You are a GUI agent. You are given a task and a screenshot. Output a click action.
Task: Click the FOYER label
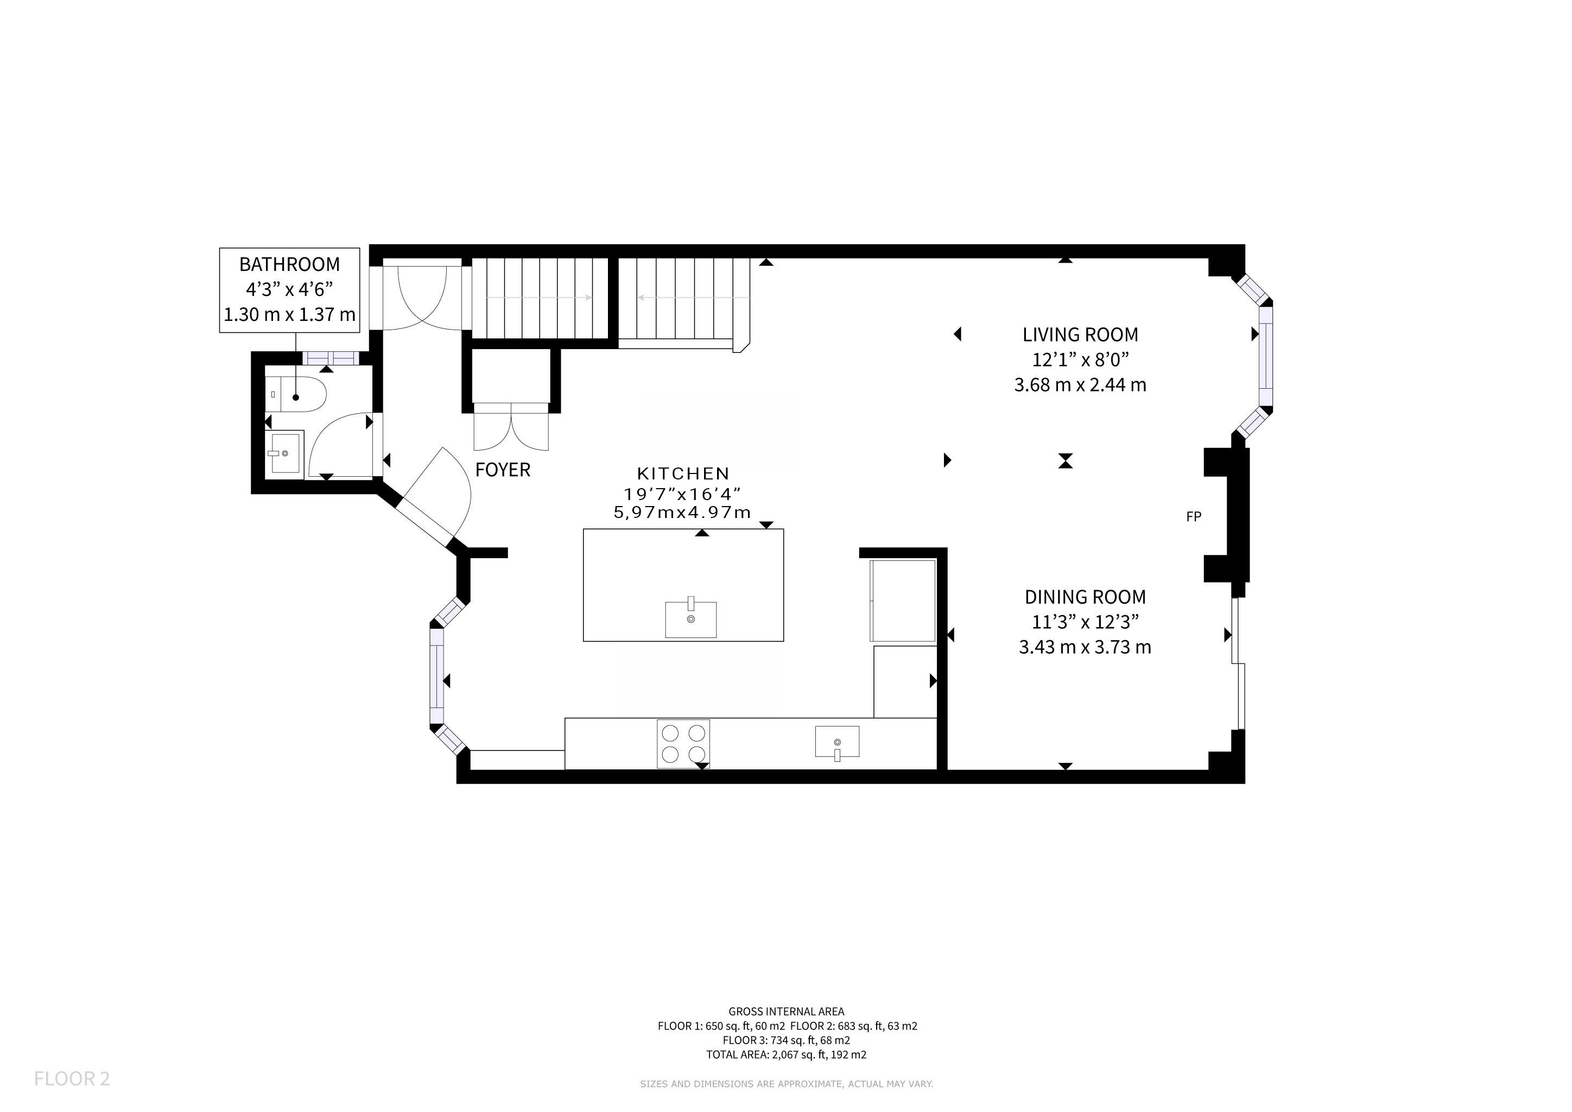[x=503, y=470]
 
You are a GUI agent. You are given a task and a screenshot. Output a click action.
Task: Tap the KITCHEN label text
[x=683, y=473]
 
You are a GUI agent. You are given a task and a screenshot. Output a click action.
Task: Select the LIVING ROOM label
[x=1080, y=335]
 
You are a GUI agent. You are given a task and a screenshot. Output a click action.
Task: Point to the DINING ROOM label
[x=1085, y=597]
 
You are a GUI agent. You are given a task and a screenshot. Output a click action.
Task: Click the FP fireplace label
[x=1193, y=517]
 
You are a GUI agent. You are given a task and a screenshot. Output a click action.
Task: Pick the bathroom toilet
[x=295, y=394]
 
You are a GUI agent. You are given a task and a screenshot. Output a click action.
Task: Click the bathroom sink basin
[x=284, y=452]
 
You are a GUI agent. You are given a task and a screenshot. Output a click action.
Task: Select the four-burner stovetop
[x=683, y=744]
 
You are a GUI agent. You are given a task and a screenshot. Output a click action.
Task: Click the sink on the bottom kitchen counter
[x=836, y=743]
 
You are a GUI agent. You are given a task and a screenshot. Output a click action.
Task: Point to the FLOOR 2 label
[x=72, y=1079]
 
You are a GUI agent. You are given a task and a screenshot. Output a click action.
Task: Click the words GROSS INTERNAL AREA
[x=786, y=1012]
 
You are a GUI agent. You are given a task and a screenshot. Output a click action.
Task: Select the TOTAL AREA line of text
[x=786, y=1054]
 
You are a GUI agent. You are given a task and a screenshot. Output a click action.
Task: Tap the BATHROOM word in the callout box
[x=290, y=264]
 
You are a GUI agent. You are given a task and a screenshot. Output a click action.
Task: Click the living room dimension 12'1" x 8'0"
[x=1080, y=359]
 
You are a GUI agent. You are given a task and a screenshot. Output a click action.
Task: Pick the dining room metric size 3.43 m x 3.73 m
[x=1085, y=647]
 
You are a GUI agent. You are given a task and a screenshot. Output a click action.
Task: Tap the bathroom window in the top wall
[x=331, y=358]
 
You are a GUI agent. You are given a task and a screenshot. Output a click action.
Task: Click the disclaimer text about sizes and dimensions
[x=787, y=1084]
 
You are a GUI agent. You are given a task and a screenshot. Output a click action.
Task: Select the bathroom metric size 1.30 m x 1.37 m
[x=290, y=315]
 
